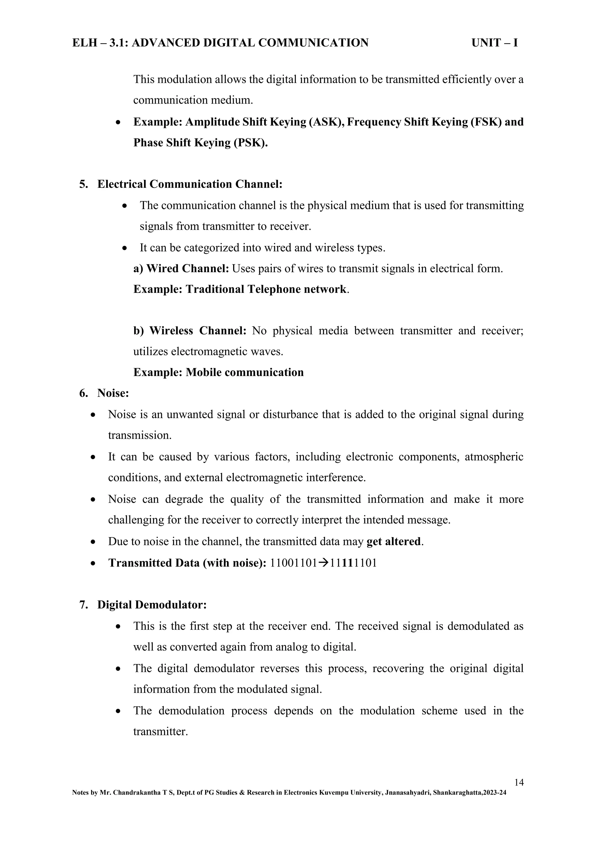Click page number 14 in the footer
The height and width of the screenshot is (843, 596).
(x=519, y=782)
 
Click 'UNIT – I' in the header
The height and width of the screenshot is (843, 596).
(x=494, y=43)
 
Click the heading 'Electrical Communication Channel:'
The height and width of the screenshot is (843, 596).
(x=190, y=184)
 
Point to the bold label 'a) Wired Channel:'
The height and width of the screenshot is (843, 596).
(x=181, y=269)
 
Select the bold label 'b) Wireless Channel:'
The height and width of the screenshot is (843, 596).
(x=190, y=331)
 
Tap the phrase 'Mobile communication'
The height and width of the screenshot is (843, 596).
(x=245, y=373)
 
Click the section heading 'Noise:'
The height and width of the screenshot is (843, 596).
(x=113, y=393)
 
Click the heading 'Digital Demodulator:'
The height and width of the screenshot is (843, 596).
(x=152, y=605)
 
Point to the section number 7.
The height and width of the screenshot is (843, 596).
(x=83, y=605)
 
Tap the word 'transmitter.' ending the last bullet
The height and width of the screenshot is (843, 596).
(x=160, y=732)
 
